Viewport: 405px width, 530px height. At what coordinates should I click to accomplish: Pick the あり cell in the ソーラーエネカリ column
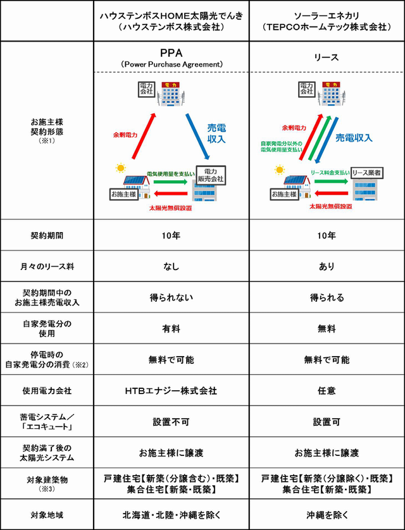click(x=327, y=267)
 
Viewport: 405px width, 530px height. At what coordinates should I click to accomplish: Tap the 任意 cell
click(x=327, y=391)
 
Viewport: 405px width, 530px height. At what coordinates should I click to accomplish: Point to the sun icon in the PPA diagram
click(x=120, y=169)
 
